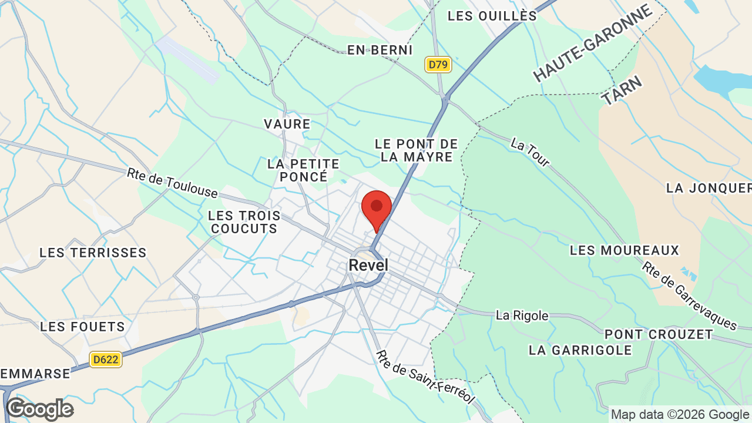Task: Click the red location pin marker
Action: tap(377, 208)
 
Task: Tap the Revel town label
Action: tap(368, 265)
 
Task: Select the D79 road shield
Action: tap(438, 64)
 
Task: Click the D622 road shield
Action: tap(106, 359)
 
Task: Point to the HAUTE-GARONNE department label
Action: tap(593, 43)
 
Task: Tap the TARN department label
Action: tap(622, 89)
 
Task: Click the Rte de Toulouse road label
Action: tap(172, 183)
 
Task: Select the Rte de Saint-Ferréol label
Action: tap(425, 377)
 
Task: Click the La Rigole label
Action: tap(522, 315)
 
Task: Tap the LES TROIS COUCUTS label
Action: tap(242, 222)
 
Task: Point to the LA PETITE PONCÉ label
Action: tap(303, 170)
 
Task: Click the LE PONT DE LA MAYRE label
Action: tap(416, 150)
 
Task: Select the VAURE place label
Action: tap(287, 124)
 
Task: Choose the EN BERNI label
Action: tap(380, 50)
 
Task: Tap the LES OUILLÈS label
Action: tap(492, 16)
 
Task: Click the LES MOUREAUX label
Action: tap(624, 250)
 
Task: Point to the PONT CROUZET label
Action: tap(659, 334)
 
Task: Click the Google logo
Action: tap(39, 409)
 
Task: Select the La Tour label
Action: tap(530, 152)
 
